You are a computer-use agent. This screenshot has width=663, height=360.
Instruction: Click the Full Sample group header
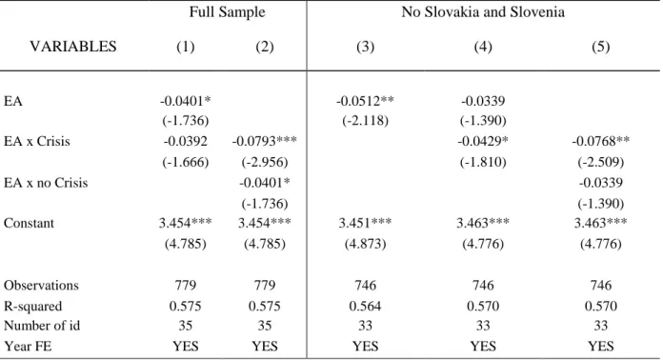[227, 11]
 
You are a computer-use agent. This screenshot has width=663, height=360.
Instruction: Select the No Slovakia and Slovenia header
[483, 11]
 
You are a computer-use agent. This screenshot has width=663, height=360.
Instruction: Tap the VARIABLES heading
[73, 46]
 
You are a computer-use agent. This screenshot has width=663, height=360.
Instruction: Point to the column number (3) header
[365, 47]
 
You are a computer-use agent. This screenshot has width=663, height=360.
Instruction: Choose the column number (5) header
[600, 47]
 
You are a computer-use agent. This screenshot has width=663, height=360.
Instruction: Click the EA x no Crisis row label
[46, 183]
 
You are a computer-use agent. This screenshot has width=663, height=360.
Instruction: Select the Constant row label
[29, 223]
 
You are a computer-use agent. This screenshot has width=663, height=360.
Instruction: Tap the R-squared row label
[33, 306]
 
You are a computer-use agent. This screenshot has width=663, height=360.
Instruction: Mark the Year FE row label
[28, 347]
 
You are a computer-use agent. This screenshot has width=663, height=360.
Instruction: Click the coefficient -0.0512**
[365, 101]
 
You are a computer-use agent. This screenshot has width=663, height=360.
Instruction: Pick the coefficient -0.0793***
[264, 141]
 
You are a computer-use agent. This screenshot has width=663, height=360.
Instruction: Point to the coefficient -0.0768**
[600, 141]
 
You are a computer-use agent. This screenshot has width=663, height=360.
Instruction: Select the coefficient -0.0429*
[483, 141]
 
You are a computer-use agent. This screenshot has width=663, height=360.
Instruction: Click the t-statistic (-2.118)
[365, 121]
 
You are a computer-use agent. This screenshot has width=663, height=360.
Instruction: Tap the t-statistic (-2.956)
[264, 162]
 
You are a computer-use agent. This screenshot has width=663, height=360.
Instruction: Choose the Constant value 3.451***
[365, 223]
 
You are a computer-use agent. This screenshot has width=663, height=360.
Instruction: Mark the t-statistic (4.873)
[365, 244]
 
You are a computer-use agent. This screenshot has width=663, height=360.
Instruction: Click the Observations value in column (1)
[185, 285]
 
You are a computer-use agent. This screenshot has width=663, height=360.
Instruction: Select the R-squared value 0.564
[365, 306]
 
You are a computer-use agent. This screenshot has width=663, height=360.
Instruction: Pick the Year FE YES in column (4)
[483, 347]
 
